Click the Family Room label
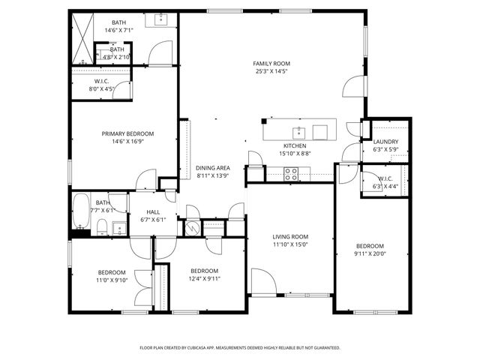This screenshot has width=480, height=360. point(271,64)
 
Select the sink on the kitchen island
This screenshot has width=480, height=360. point(298,132)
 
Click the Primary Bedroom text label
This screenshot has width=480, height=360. point(122,133)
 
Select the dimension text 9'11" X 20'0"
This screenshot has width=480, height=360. point(369,253)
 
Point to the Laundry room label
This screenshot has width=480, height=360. point(385,141)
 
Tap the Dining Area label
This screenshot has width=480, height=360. point(213,168)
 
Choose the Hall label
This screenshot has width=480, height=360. point(154,212)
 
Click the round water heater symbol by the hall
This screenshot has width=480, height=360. point(192,228)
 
